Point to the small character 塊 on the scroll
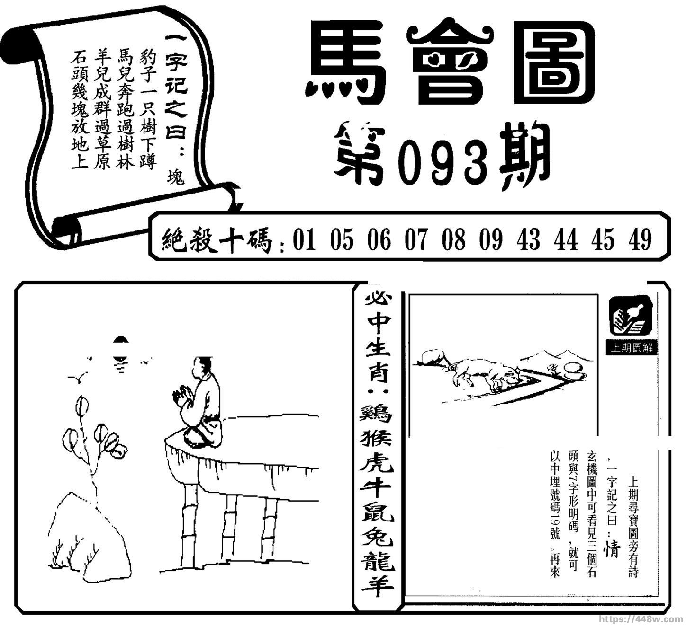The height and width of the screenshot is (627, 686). (176, 177)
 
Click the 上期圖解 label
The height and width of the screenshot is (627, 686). (632, 348)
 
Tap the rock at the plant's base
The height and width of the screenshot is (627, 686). (90, 543)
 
